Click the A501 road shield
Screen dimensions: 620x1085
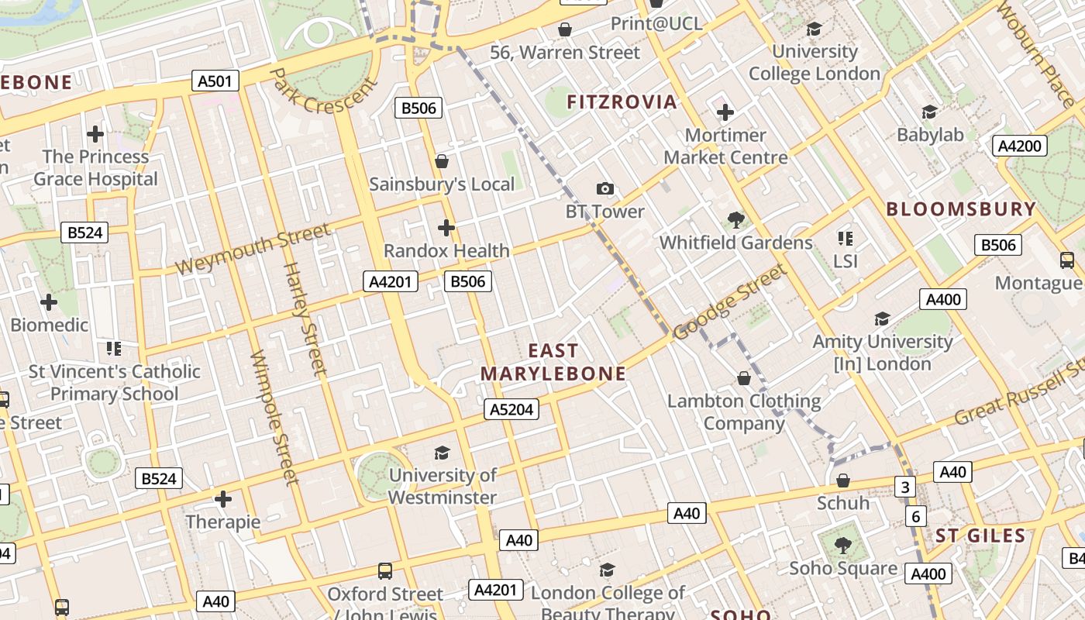[x=215, y=81]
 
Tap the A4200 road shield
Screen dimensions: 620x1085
[x=1020, y=146]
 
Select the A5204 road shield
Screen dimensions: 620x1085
[x=511, y=409]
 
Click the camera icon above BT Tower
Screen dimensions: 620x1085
[x=604, y=188]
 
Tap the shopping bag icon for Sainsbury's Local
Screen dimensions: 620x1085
[x=442, y=161]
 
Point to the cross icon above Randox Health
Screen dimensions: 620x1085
[x=446, y=228]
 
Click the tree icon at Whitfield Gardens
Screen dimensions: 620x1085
[x=736, y=220]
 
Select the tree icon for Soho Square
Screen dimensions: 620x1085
[x=842, y=546]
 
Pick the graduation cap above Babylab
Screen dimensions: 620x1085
[x=929, y=112]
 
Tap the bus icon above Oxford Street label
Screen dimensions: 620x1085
[x=385, y=571]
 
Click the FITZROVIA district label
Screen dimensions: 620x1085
[x=622, y=102]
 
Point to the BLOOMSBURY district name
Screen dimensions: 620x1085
[x=961, y=209]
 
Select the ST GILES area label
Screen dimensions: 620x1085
[x=980, y=536]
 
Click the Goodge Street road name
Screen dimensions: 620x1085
[x=729, y=301]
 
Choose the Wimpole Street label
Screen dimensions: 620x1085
[x=275, y=418]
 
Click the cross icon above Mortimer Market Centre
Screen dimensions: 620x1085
[x=725, y=113]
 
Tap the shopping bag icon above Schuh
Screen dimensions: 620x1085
[x=843, y=481]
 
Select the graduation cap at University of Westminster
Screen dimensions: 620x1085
[x=442, y=453]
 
